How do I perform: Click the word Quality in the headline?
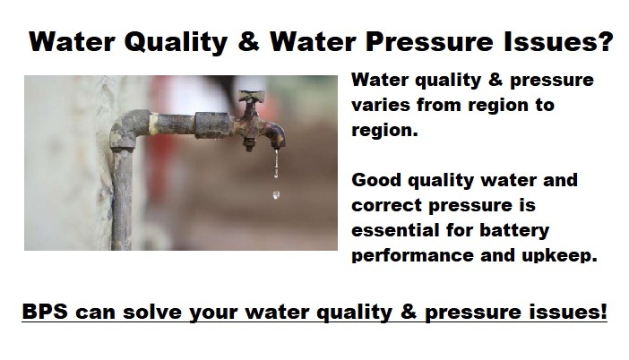coord(177,42)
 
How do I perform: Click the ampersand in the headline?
coord(249,41)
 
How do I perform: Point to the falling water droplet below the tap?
coord(276,195)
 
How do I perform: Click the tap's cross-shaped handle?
coord(251,97)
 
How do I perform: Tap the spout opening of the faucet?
coord(278,145)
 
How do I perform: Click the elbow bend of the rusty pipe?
coord(125,129)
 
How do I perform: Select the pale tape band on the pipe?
coord(153,123)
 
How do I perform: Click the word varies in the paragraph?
coord(381,105)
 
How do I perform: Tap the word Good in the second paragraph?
coord(375,180)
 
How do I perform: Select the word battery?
coord(514,231)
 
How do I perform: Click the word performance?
coord(412,256)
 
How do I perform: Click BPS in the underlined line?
coord(45,312)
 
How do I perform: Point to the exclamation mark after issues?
coord(604,311)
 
